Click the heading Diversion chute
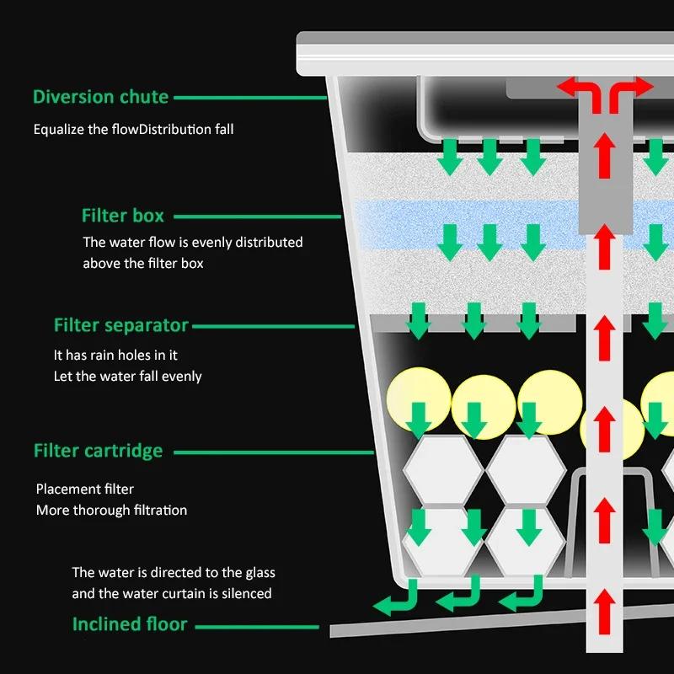coord(100,97)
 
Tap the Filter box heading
coord(122,216)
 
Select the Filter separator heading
coord(120,325)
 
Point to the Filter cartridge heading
coord(98,451)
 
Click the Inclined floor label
coord(130,625)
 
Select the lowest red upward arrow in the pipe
coord(603,607)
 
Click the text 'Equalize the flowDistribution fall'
coord(133,130)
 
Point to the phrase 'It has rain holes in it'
coord(115,356)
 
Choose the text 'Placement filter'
coord(84,489)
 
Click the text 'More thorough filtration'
coord(111,510)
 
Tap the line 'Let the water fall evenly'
coord(127,376)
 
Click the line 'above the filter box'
coord(142,263)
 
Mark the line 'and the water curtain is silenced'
coord(171,593)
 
